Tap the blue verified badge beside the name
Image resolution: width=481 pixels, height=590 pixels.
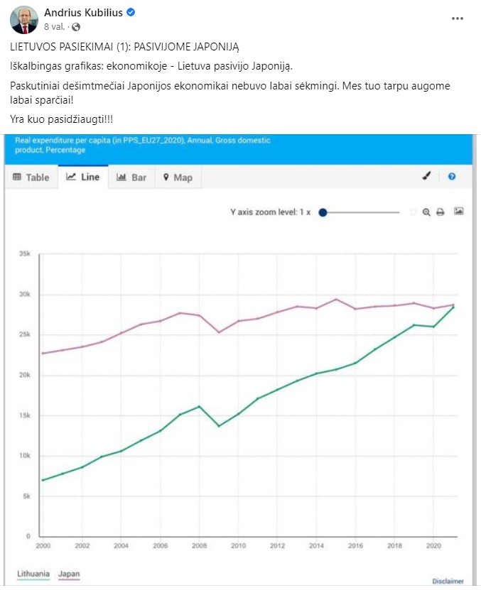(x=131, y=13)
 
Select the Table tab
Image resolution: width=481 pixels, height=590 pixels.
(x=31, y=177)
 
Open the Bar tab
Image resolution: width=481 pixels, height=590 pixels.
(x=131, y=177)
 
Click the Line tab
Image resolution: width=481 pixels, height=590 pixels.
(x=83, y=177)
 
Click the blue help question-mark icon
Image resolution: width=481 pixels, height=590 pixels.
(x=452, y=177)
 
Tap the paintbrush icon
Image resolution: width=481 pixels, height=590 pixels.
(x=426, y=177)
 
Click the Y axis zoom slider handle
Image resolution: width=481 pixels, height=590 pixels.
(x=323, y=212)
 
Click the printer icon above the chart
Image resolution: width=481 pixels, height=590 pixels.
(x=441, y=212)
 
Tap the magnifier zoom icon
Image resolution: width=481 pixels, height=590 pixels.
(x=426, y=212)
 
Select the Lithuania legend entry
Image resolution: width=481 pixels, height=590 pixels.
(x=33, y=574)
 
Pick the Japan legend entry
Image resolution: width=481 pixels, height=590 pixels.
(x=69, y=574)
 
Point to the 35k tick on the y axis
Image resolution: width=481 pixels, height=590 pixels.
(x=24, y=253)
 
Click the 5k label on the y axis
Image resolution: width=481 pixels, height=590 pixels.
(x=26, y=496)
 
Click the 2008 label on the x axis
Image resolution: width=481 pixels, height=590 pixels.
(x=200, y=546)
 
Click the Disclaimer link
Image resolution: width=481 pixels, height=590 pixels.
(x=448, y=581)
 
